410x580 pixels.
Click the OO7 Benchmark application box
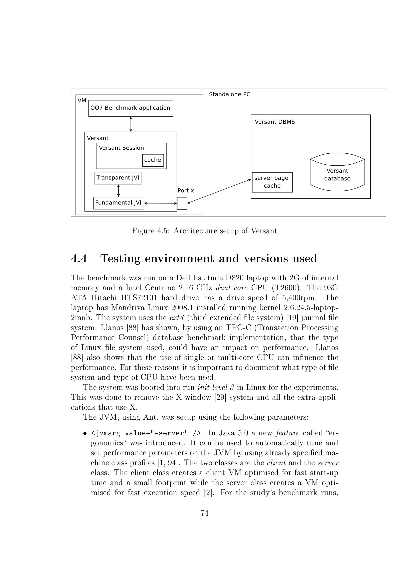131,108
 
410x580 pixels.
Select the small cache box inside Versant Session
153,160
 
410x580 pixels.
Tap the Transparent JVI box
118,178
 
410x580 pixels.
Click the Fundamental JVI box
118,203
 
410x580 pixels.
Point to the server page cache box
272,182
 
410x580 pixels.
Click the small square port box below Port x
182,203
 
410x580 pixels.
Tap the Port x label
185,191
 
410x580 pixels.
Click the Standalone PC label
229,95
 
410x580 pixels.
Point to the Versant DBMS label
274,122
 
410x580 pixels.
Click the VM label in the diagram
82,101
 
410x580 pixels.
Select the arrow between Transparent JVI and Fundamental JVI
118,191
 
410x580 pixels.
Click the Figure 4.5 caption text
204,231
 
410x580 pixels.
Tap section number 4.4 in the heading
79,259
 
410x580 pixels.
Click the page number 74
204,513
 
